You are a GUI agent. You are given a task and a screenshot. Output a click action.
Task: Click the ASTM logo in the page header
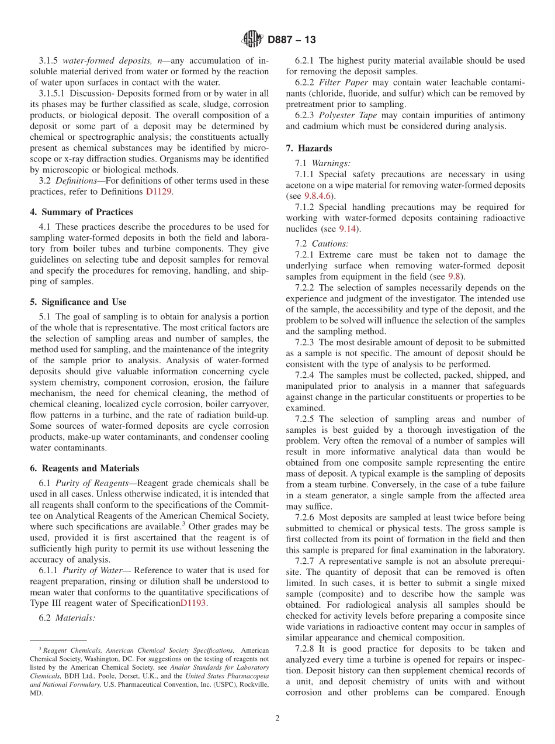click(x=252, y=40)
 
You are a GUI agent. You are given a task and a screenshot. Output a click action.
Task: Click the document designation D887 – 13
click(x=292, y=40)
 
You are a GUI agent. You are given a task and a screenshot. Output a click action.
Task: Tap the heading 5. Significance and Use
click(x=78, y=302)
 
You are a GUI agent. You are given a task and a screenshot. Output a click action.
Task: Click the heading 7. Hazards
click(x=309, y=148)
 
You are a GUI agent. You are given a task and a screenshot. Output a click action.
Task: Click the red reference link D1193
click(x=193, y=603)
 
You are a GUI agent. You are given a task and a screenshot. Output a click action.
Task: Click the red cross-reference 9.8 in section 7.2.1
click(x=454, y=277)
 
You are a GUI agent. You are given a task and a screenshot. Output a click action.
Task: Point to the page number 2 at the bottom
click(x=277, y=718)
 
